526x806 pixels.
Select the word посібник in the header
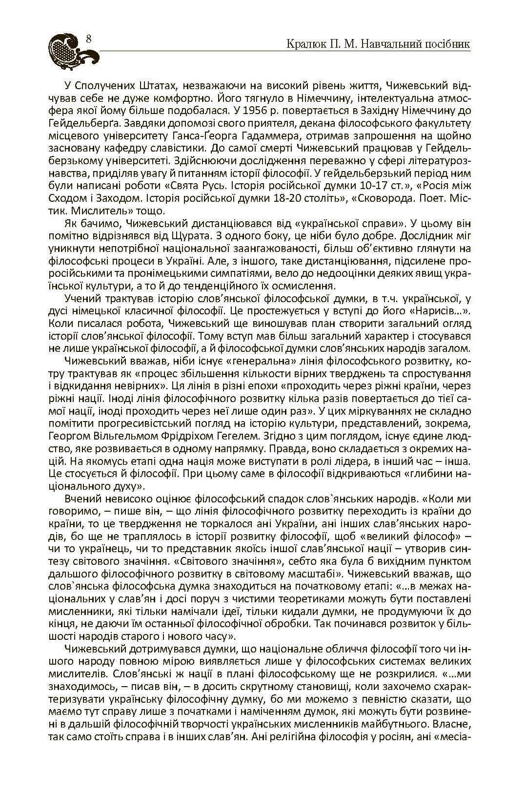tap(445, 45)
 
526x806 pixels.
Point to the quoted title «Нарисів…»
tap(441, 310)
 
